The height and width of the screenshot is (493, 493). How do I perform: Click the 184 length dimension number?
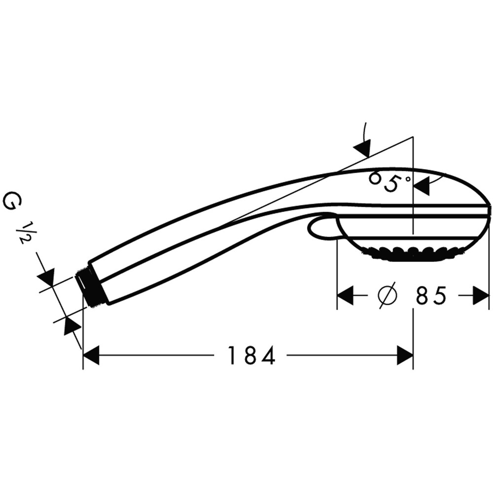[x=251, y=355]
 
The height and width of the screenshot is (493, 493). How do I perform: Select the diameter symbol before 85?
[x=387, y=296]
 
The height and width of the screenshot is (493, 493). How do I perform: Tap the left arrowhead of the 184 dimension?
[x=91, y=355]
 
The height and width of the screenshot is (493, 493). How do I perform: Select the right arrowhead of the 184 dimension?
[x=405, y=355]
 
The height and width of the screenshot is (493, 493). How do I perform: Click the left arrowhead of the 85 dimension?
[x=346, y=296]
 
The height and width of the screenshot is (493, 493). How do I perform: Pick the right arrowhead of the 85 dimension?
[x=481, y=296]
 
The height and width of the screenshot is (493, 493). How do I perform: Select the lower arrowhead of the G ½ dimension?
[x=72, y=326]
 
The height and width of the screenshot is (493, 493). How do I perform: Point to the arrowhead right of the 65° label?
[x=422, y=186]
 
